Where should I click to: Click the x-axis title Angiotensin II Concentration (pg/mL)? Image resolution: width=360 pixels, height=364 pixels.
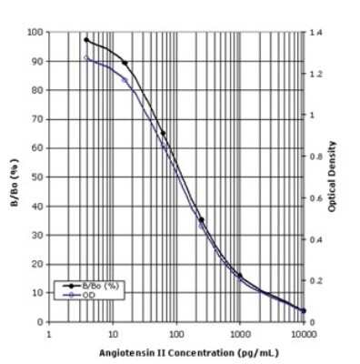[x=177, y=352]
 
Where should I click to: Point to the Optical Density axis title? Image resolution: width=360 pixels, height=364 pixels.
[x=333, y=177]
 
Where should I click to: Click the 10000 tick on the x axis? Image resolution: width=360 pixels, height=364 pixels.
[x=304, y=333]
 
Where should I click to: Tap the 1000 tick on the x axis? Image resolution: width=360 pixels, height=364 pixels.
[x=240, y=333]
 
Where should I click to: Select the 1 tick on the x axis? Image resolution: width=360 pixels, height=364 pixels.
[x=49, y=333]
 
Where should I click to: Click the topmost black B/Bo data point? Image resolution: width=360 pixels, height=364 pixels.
[x=86, y=40]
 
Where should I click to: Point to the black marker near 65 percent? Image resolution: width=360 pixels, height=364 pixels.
[x=163, y=133]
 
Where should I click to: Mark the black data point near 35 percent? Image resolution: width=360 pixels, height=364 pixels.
[x=201, y=219]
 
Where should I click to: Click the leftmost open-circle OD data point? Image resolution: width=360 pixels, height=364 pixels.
[x=86, y=57]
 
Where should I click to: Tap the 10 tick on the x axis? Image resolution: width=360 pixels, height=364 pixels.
[x=113, y=333]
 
